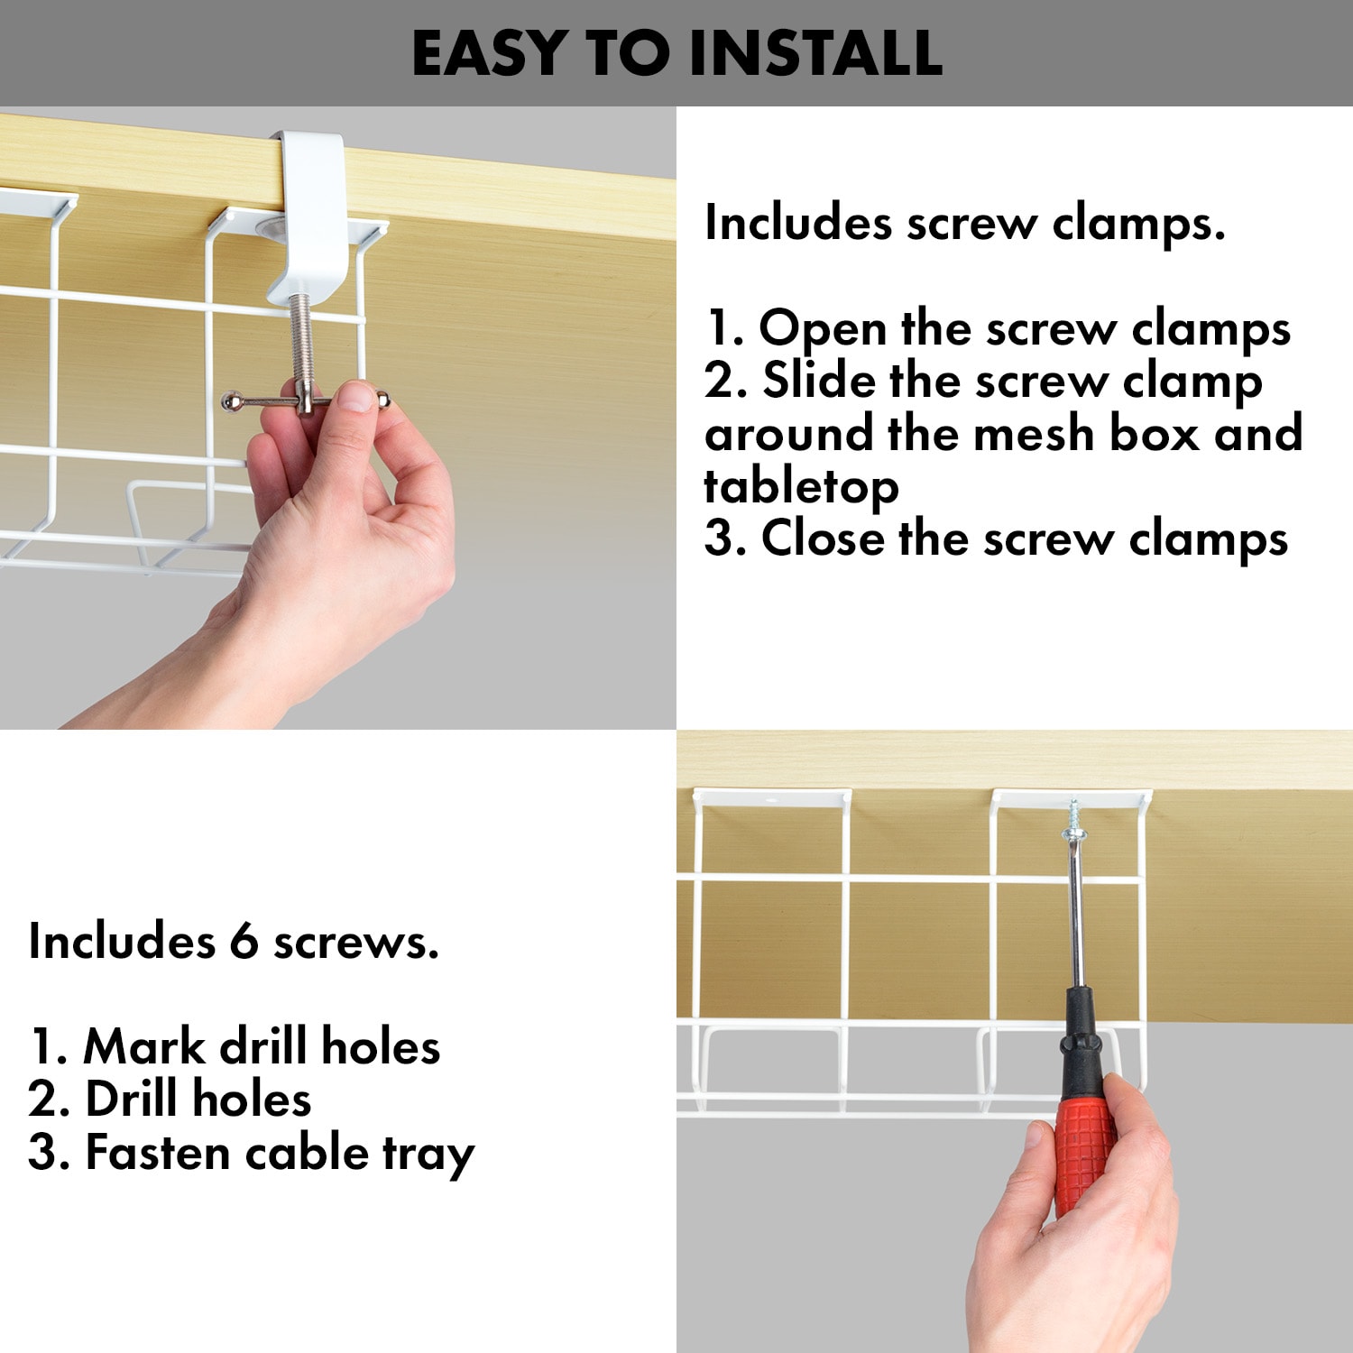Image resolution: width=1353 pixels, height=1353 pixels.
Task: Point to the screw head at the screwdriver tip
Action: point(1073,819)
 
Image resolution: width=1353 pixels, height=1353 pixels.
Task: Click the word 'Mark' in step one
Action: point(144,1047)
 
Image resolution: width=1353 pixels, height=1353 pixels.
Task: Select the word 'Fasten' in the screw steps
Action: point(158,1153)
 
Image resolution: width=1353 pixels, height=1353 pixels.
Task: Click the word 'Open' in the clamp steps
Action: point(823,329)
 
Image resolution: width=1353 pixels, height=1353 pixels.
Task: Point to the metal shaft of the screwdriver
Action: point(1075,911)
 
